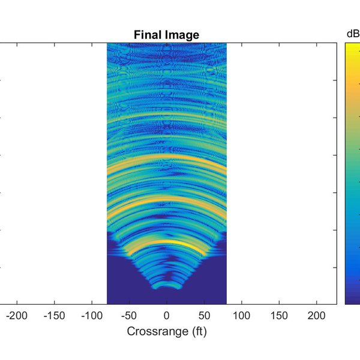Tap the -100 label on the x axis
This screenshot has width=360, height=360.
[x=92, y=316]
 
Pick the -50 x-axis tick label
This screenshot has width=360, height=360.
[x=130, y=316]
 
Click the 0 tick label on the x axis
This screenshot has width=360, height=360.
[x=167, y=316]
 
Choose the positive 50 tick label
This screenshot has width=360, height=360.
[x=205, y=316]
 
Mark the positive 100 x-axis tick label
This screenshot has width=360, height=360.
[x=242, y=316]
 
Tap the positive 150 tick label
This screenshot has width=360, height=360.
[x=280, y=316]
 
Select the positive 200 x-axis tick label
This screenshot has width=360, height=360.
[x=317, y=316]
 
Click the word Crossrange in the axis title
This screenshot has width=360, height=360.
[x=154, y=331]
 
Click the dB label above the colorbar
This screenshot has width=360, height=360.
[x=353, y=34]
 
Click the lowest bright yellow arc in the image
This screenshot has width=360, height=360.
[x=167, y=242]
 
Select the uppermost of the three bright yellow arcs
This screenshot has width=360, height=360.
[x=167, y=157]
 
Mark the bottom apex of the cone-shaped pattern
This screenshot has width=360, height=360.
[x=167, y=287]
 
